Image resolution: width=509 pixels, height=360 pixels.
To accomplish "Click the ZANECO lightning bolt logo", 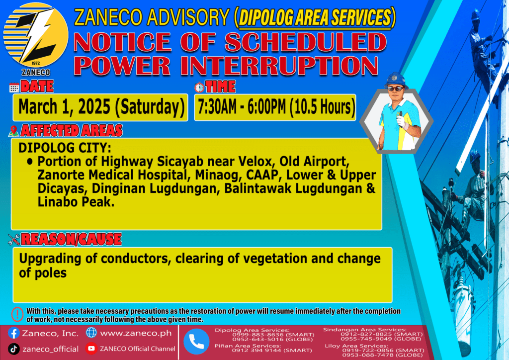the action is (36, 35).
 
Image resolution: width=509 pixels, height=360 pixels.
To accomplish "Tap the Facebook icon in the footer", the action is (13, 333).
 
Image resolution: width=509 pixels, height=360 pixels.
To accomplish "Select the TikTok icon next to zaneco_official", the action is (13, 349).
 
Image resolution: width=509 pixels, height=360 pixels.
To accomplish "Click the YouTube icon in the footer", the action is (91, 348).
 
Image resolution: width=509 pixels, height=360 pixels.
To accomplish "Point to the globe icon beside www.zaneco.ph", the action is (91, 333).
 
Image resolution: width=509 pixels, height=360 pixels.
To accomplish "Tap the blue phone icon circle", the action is (196, 342).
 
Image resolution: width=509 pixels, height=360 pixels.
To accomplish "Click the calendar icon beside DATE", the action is (14, 88).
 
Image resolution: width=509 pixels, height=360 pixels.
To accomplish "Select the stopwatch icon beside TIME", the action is (199, 87).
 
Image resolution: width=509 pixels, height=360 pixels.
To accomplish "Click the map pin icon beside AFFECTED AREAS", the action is (13, 131).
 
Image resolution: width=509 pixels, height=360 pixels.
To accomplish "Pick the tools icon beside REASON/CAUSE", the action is (14, 240).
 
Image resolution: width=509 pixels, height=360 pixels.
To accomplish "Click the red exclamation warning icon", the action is (17, 314).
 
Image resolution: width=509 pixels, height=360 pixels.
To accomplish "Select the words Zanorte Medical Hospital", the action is (112, 176).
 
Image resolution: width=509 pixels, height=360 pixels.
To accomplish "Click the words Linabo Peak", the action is (76, 202).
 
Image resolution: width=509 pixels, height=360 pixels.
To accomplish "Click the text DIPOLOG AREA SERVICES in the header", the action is (315, 17).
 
